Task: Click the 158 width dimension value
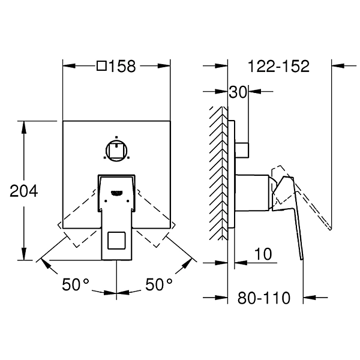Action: (122, 67)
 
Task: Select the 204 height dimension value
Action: (24, 191)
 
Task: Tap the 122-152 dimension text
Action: (279, 67)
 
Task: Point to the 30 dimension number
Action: (238, 92)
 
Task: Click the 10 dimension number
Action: (263, 254)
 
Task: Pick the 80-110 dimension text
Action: (264, 298)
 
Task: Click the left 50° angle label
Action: (76, 284)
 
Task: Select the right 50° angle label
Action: (159, 284)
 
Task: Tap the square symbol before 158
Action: (101, 66)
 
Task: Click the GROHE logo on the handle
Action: (117, 193)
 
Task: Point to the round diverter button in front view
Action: (116, 151)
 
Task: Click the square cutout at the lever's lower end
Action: (116, 241)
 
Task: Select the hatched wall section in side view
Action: (218, 173)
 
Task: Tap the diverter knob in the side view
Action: (242, 150)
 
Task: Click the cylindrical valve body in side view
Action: (252, 193)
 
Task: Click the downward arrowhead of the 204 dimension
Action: (24, 254)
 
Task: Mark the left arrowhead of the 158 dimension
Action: (69, 66)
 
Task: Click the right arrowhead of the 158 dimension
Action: (164, 66)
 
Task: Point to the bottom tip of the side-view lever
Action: (302, 260)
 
